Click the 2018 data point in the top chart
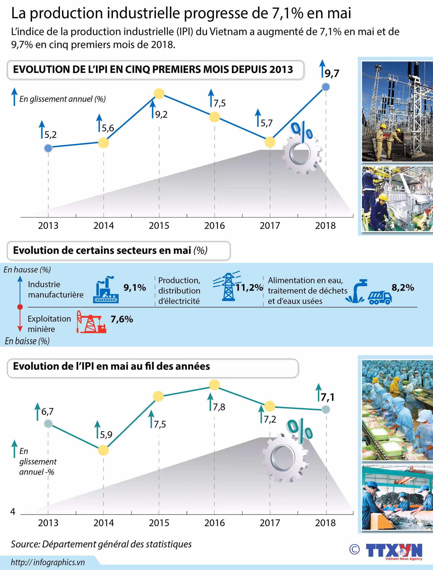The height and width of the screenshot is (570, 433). pyautogui.click(x=326, y=87)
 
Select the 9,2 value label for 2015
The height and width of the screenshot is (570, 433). pyautogui.click(x=161, y=115)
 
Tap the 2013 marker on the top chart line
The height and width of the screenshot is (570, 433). pyautogui.click(x=48, y=148)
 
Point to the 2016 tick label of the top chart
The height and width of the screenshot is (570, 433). pyautogui.click(x=215, y=226)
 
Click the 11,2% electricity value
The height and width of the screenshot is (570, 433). pyautogui.click(x=249, y=288)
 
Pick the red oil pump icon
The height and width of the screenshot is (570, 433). pyautogui.click(x=91, y=322)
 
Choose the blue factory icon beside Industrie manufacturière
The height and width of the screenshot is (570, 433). pyautogui.click(x=105, y=290)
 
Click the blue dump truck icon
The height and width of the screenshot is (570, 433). pyautogui.click(x=379, y=297)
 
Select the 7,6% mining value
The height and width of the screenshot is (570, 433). pyautogui.click(x=122, y=319)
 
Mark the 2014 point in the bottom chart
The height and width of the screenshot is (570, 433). pyautogui.click(x=104, y=450)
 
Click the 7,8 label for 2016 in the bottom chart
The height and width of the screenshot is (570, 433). pyautogui.click(x=219, y=407)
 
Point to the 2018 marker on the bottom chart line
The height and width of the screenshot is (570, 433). pyautogui.click(x=326, y=409)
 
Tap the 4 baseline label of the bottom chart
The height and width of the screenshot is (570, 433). pyautogui.click(x=13, y=511)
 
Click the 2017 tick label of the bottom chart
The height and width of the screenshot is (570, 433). pyautogui.click(x=270, y=523)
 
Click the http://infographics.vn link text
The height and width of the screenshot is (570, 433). pyautogui.click(x=48, y=562)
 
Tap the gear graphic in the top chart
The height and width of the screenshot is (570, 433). pyautogui.click(x=301, y=155)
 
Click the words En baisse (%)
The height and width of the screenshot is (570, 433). pyautogui.click(x=27, y=341)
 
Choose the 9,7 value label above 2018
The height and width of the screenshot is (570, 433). pyautogui.click(x=332, y=73)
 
